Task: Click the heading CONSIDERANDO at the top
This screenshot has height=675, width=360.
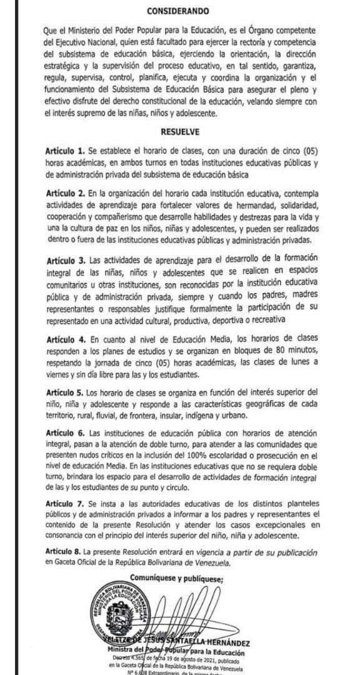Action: (178, 11)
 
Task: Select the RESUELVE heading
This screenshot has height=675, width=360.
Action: (180, 132)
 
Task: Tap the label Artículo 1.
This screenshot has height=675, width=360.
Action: (64, 152)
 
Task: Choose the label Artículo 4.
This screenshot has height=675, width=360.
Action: (65, 339)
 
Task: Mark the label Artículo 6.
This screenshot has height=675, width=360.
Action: (65, 433)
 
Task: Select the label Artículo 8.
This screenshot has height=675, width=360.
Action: (65, 552)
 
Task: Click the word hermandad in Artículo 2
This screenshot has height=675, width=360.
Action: (234, 207)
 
